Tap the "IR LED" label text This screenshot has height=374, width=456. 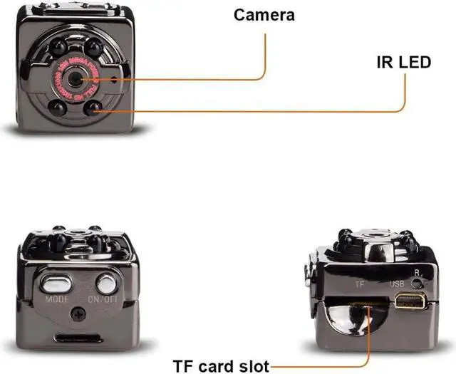pos(403,62)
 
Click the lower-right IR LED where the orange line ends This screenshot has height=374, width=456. pos(93,109)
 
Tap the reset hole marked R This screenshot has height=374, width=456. pos(419,282)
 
